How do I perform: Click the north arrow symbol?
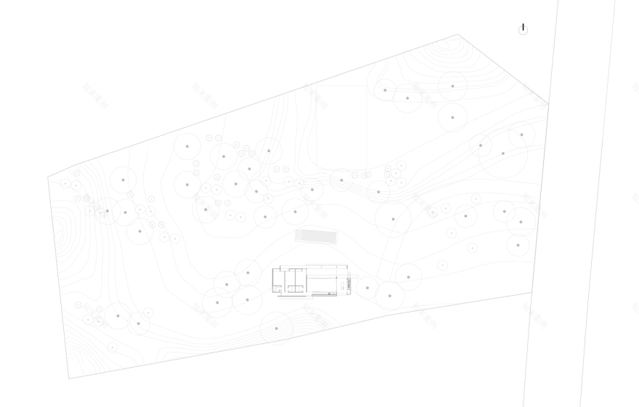click(x=523, y=29)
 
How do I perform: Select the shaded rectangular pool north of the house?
click(x=316, y=236)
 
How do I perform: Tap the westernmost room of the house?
click(x=278, y=279)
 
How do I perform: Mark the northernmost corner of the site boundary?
click(x=457, y=34)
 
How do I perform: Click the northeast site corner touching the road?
click(x=548, y=104)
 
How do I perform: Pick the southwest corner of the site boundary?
click(x=69, y=379)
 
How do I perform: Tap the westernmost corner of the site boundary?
click(x=48, y=177)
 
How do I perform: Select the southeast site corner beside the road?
click(x=532, y=292)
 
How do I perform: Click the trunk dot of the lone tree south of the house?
click(x=276, y=329)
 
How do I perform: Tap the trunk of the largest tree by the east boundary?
click(x=502, y=153)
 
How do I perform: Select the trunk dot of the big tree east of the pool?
click(x=393, y=219)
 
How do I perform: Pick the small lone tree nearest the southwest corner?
click(x=113, y=347)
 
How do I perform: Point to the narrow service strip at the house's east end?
click(x=349, y=283)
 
